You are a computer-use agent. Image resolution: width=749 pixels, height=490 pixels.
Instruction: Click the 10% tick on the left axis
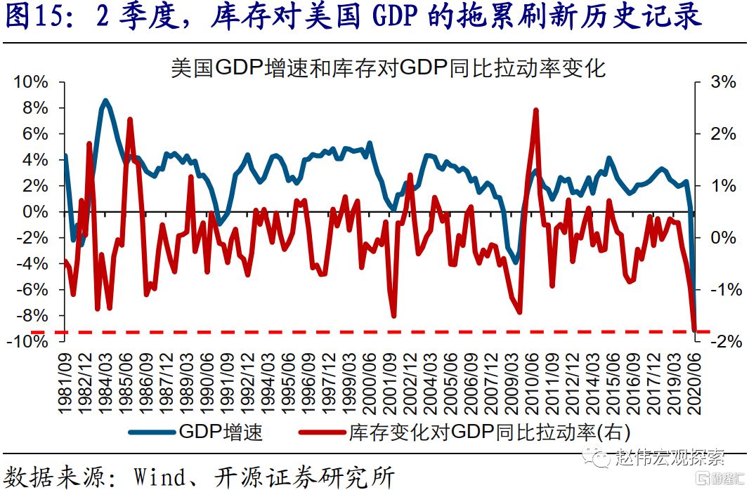point(31,82)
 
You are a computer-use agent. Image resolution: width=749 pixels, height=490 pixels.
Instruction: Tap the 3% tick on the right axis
point(723,82)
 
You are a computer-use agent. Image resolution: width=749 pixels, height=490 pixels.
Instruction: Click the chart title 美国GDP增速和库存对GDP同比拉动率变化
point(389,68)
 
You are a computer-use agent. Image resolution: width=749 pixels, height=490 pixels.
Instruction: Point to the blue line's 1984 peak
point(105,100)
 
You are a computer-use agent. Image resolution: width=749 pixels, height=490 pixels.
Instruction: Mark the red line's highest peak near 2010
point(536,110)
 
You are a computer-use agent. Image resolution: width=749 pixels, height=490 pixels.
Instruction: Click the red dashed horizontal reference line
point(351,331)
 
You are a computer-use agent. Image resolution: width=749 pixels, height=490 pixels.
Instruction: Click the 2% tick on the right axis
point(723,134)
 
